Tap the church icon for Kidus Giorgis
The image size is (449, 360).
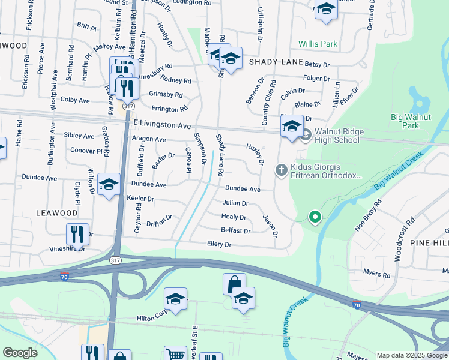[280, 171]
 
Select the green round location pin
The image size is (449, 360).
[313, 217]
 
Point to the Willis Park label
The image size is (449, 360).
[319, 44]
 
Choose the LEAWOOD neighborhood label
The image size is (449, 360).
[56, 213]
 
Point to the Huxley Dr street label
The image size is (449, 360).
[255, 154]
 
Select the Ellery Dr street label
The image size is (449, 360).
[219, 245]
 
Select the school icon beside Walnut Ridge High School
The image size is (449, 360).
[292, 126]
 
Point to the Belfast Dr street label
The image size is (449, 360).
[235, 230]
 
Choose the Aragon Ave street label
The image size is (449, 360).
[148, 139]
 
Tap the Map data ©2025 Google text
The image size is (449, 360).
[411, 355]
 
